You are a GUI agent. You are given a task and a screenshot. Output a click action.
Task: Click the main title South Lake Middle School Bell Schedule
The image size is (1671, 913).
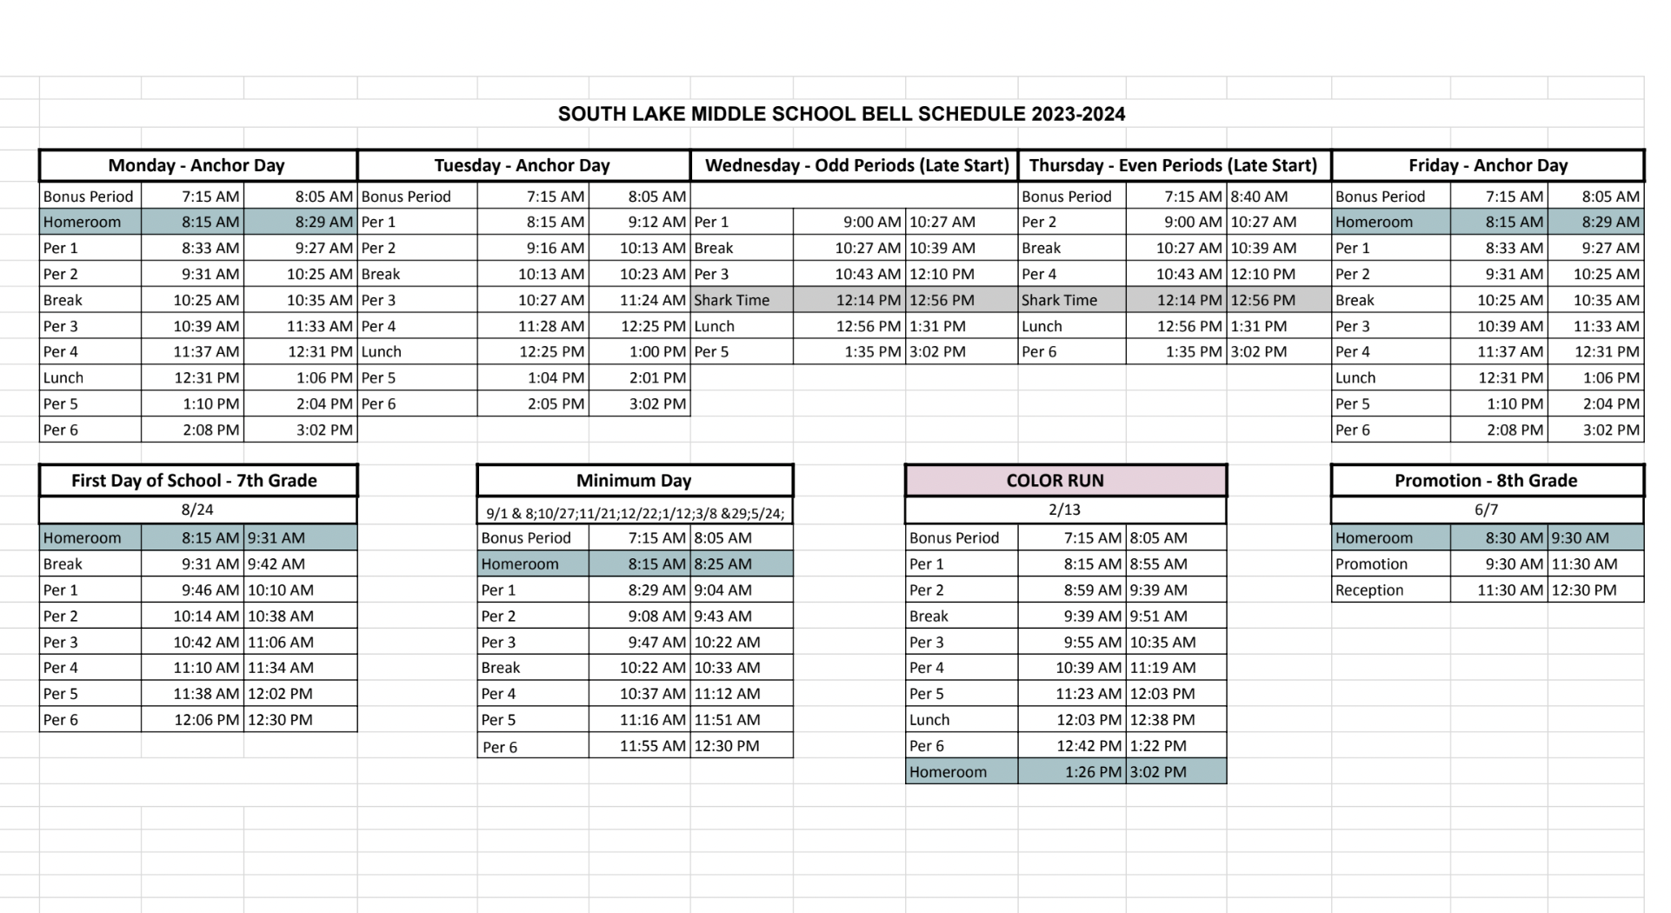[841, 114]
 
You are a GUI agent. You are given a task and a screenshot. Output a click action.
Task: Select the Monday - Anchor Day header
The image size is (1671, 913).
[196, 165]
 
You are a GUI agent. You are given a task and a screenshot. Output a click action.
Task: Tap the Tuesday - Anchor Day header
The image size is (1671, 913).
[522, 165]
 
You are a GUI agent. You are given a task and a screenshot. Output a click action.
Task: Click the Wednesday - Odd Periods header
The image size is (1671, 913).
[856, 165]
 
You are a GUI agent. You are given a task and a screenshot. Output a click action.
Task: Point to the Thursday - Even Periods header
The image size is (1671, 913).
[1173, 165]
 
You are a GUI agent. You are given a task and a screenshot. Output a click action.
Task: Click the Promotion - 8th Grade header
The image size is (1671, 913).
[1486, 480]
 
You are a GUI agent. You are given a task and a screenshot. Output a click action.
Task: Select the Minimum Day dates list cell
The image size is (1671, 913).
[635, 513]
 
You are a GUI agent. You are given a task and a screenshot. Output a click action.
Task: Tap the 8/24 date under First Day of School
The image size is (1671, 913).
[197, 510]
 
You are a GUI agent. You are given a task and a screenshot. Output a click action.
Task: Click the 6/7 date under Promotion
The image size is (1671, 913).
[1486, 510]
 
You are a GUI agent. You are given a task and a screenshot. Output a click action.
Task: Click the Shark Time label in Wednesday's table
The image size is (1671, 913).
[732, 300]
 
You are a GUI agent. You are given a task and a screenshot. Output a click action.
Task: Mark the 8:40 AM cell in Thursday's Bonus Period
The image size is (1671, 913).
[1259, 197]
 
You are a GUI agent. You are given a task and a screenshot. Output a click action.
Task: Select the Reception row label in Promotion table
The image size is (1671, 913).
[1369, 590]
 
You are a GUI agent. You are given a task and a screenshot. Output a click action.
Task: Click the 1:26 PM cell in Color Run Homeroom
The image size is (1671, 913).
[1094, 771]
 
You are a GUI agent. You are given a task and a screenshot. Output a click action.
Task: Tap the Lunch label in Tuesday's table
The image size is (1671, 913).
[381, 351]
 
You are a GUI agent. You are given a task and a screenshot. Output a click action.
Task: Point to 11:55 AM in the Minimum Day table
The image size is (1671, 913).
[652, 745]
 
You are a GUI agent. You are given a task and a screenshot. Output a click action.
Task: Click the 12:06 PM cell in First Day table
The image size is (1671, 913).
[206, 719]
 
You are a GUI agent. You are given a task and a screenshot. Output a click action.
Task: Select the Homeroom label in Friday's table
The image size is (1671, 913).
[1374, 222]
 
